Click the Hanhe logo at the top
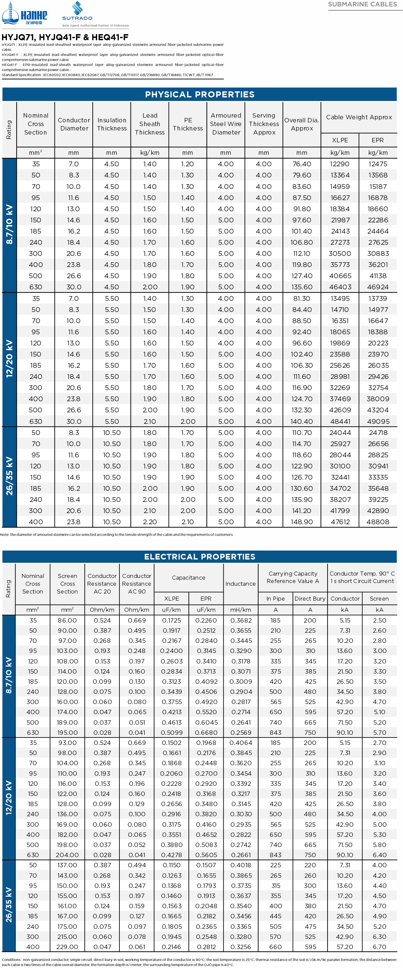[24, 14]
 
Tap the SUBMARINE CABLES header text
[362, 4]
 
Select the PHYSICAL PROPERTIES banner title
[199, 94]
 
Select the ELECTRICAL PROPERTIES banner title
[199, 557]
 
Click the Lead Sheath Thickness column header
[150, 124]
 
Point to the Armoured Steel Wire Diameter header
[226, 124]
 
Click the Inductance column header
[241, 584]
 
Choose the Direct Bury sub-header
[310, 599]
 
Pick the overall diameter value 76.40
[302, 164]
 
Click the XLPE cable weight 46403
[340, 287]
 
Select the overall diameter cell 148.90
[302, 522]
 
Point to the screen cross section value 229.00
[67, 947]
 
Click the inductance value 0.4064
[241, 743]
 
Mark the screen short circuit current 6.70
[379, 947]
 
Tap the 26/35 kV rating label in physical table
[9, 476]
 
